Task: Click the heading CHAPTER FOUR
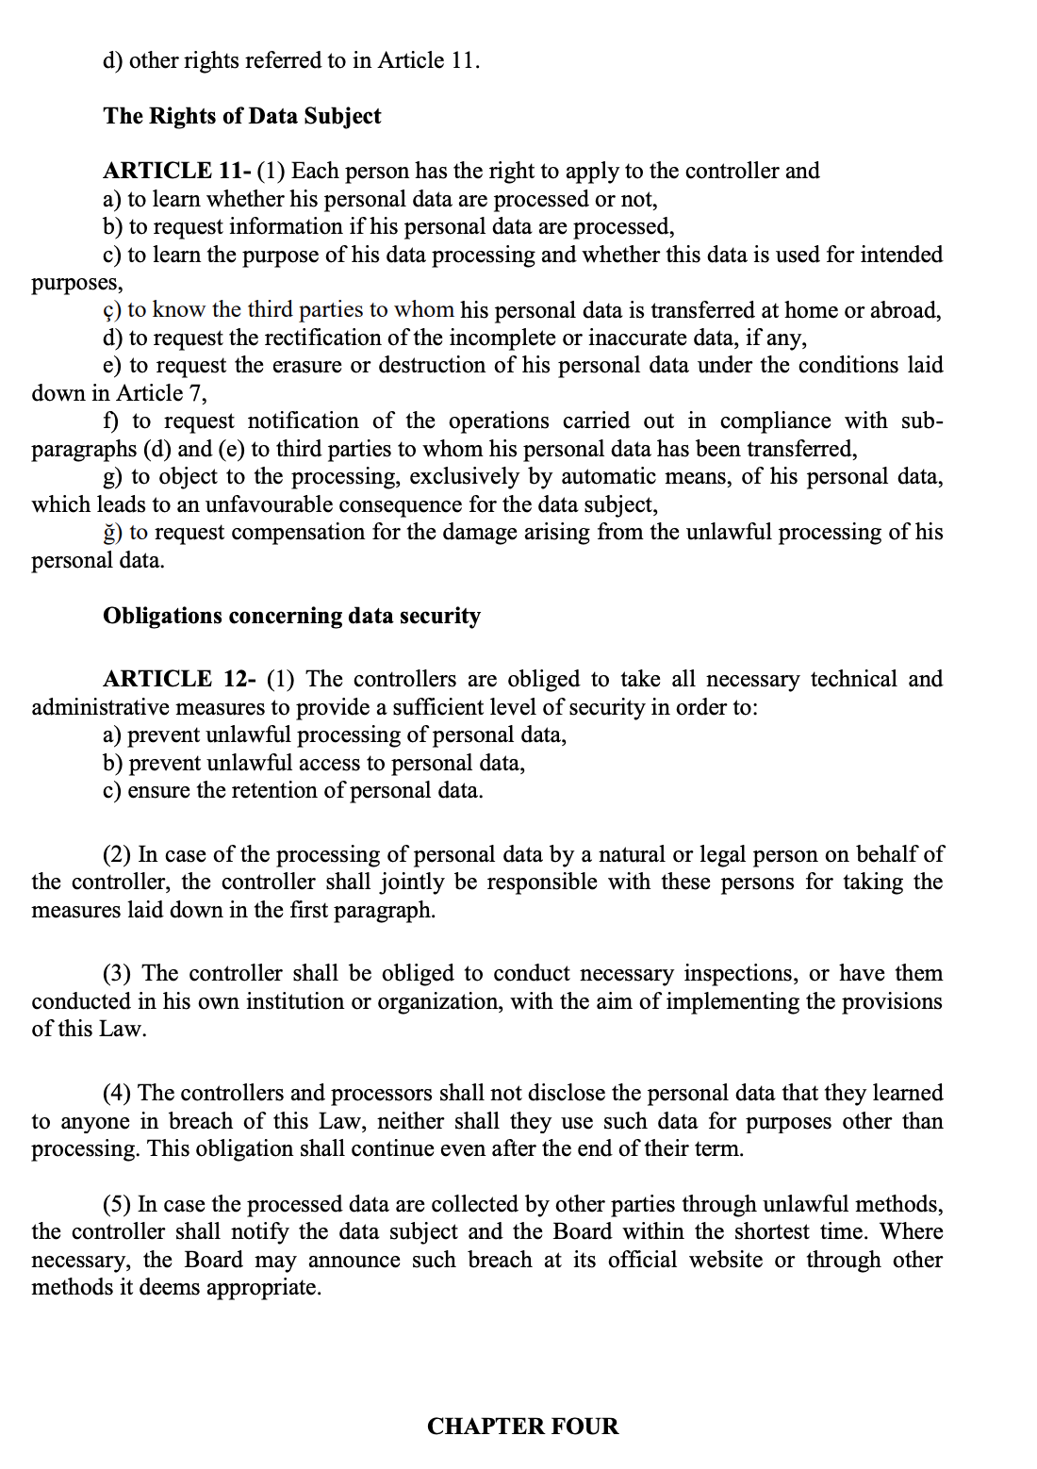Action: (x=522, y=1426)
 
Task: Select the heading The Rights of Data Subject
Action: (x=242, y=116)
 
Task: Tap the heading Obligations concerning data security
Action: (x=291, y=616)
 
